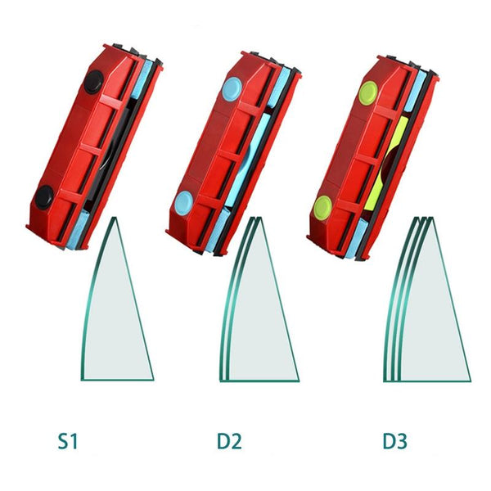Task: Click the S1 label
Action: [68, 441]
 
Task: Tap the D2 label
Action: [229, 441]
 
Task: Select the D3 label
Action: [395, 441]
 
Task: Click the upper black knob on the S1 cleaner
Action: [93, 82]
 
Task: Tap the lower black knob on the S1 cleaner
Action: [44, 196]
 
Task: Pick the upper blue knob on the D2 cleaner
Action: [232, 89]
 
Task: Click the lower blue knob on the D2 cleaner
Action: [184, 203]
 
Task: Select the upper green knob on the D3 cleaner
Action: [369, 92]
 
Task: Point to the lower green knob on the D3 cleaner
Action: [323, 206]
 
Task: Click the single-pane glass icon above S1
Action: [117, 299]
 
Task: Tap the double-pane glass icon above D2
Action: [259, 299]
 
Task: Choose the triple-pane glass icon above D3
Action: [427, 299]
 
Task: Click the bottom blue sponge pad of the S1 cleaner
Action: [78, 229]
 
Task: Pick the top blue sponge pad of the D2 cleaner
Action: [280, 88]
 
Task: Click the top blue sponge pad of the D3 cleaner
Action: [416, 91]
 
